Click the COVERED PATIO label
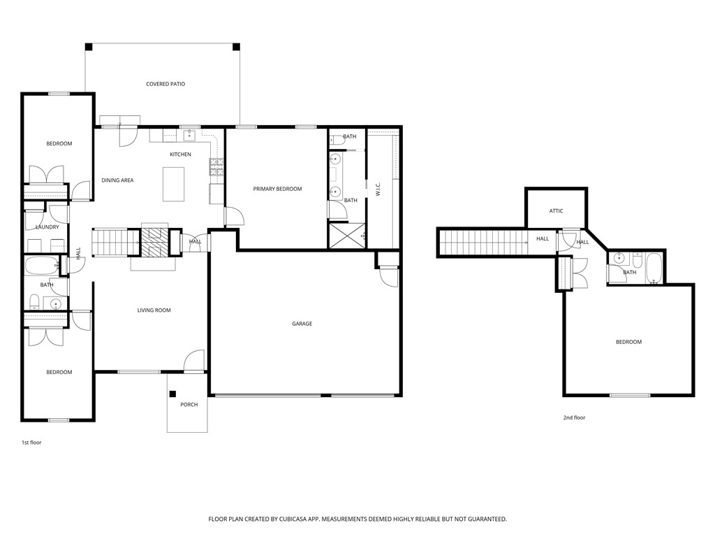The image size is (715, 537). click(x=165, y=84)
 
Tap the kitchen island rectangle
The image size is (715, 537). click(x=174, y=184)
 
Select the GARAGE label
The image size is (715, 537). click(x=302, y=324)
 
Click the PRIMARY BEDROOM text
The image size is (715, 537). click(x=277, y=189)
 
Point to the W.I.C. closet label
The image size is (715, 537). click(x=377, y=189)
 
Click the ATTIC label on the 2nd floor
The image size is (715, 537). click(x=556, y=210)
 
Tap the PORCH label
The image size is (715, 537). click(x=189, y=405)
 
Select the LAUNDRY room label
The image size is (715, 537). click(x=47, y=227)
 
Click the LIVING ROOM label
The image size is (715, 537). click(x=154, y=310)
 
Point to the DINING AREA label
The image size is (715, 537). click(x=117, y=180)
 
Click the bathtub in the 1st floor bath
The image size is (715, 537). click(x=42, y=266)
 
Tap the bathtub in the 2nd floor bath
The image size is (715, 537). click(x=654, y=269)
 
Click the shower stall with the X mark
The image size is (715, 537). click(x=346, y=235)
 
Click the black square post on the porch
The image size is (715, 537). click(x=173, y=394)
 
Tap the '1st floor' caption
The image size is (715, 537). click(x=31, y=443)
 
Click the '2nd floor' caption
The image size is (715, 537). click(x=574, y=417)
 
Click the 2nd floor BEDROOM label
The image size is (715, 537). click(x=628, y=342)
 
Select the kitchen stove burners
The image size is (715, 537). click(x=216, y=166)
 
